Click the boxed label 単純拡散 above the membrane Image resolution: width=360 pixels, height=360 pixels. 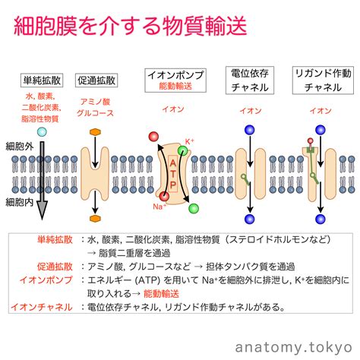(42, 81)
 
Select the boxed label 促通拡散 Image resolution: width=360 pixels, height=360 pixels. (96, 81)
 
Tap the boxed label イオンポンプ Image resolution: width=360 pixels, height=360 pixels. (175, 81)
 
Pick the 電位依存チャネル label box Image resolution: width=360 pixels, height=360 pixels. (250, 81)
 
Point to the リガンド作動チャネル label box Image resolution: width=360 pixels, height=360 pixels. (323, 81)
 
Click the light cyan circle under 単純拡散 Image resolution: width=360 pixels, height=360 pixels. (42, 132)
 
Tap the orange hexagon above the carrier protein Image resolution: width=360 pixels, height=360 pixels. (95, 132)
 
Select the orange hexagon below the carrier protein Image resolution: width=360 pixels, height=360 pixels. (95, 218)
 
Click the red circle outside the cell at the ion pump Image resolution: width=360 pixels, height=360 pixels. (153, 137)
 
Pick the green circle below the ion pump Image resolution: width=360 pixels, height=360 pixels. (194, 208)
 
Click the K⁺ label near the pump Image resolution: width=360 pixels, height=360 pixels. (189, 141)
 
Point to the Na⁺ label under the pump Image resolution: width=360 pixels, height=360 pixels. (159, 207)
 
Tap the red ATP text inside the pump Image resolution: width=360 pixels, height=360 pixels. (173, 174)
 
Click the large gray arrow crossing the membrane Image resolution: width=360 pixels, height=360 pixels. (42, 180)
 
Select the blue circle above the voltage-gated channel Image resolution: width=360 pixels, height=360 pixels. (250, 130)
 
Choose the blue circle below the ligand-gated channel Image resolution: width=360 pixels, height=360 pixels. (321, 219)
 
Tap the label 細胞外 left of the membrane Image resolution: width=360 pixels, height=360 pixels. (20, 147)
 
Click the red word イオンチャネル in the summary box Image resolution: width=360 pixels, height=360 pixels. (42, 307)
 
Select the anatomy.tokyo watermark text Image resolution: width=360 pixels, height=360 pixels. (294, 347)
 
